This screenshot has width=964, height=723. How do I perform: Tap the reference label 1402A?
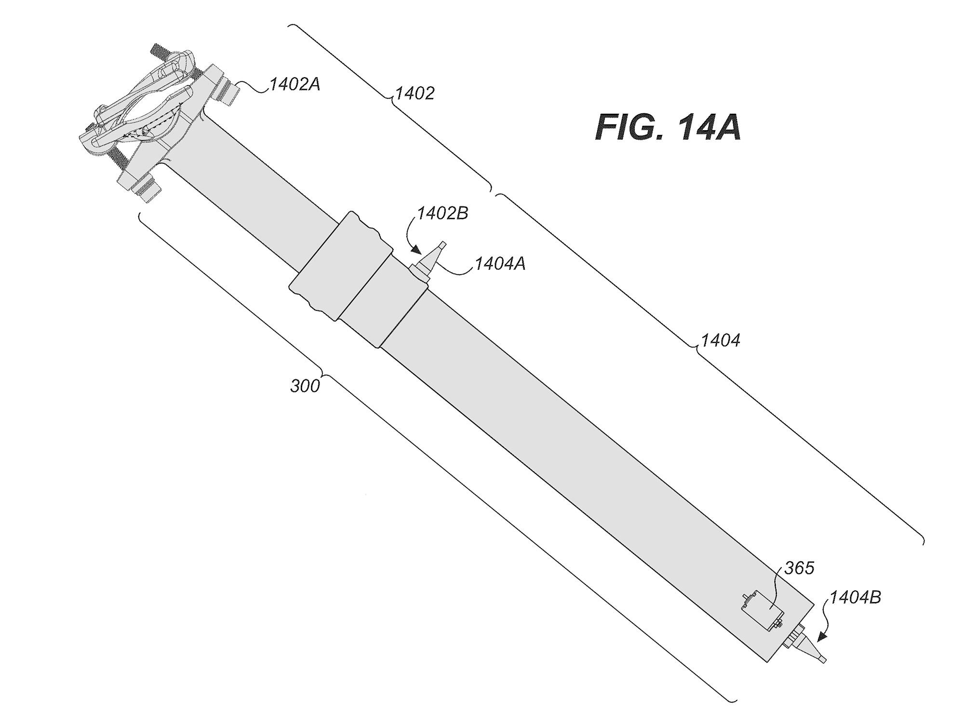pos(295,85)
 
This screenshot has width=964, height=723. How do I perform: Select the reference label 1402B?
pos(442,214)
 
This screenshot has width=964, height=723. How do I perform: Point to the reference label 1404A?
pos(500,264)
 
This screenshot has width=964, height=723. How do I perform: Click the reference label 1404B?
pos(855,597)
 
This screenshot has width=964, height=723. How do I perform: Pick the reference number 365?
pos(799,568)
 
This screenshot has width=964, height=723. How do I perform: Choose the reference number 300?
pos(305,386)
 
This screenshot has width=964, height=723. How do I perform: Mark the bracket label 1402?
pos(415,94)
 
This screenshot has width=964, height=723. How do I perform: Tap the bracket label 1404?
pos(720,341)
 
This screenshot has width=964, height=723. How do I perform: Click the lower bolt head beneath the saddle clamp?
pos(147,190)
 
